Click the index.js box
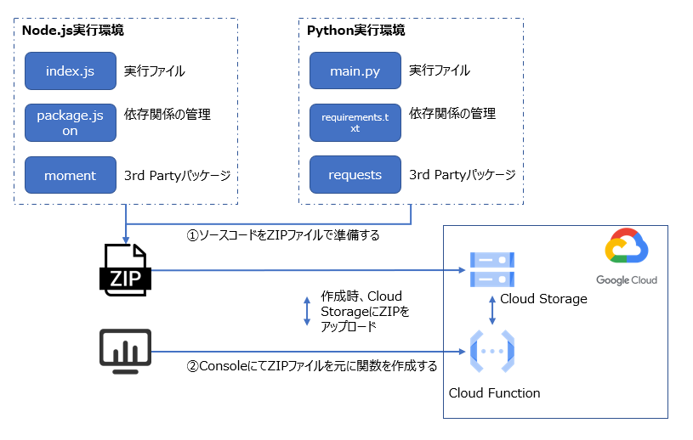pos(70,71)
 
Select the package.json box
pos(70,123)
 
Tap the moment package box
pos(70,176)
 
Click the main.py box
pos(355,71)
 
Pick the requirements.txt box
pos(355,123)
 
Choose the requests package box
pos(355,176)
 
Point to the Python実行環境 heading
pos(355,30)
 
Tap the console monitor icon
pos(125,351)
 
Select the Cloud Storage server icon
pos(492,270)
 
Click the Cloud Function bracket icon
pos(492,351)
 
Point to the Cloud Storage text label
pos(543,299)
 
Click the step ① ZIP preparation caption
pos(282,235)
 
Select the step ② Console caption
pos(311,367)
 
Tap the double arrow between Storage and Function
pos(492,309)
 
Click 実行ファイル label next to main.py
pos(439,71)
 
